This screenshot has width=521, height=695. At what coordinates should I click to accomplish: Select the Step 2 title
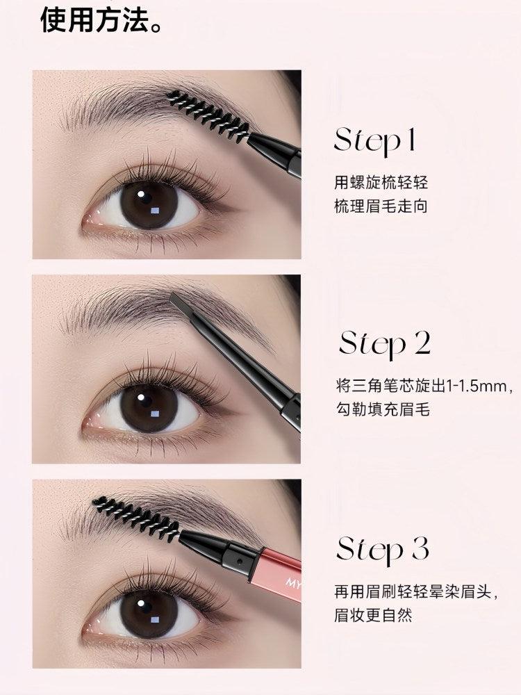point(385,343)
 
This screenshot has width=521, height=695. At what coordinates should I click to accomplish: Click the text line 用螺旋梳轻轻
point(381,183)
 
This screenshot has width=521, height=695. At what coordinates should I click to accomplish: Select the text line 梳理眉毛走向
point(381,206)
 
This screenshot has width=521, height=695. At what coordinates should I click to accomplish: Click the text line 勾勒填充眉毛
point(381,409)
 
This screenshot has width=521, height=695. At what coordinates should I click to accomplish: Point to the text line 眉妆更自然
point(373,615)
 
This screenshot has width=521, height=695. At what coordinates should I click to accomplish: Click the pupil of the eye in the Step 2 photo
point(149,408)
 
